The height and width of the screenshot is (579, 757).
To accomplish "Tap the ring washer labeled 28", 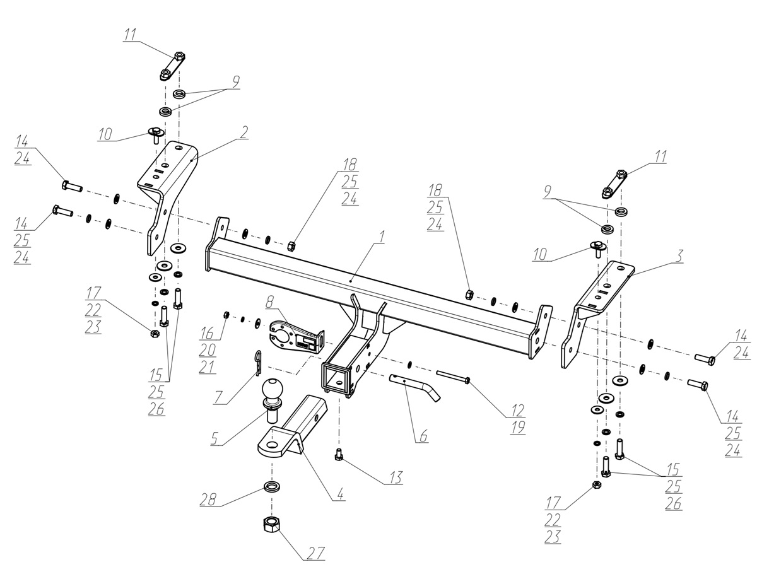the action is point(272,487).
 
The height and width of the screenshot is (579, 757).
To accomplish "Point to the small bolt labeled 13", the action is point(338,455).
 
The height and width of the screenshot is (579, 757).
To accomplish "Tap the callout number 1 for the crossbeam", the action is point(382,237).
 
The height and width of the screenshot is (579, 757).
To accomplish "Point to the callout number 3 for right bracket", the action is point(678,257).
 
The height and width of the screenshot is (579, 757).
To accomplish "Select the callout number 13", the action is point(396,477).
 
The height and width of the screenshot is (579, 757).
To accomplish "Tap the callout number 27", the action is point(316,554).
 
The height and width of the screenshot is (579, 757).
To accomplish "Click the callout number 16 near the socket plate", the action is point(208,334).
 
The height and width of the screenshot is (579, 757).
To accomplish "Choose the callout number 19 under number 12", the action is point(518,428).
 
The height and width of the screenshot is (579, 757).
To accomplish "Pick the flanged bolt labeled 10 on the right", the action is point(597,249).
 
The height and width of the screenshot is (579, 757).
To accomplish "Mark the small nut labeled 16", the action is point(226,315).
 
